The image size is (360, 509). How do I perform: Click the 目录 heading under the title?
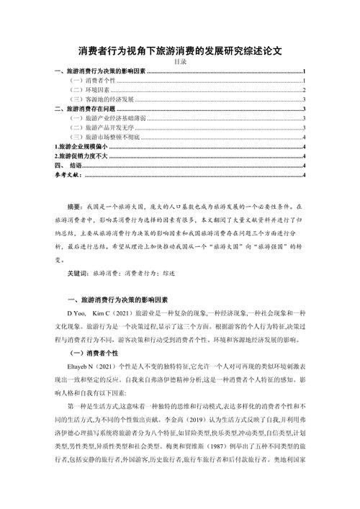(179, 63)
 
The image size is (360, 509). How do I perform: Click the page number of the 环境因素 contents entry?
(305, 90)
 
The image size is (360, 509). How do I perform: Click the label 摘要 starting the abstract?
(74, 206)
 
